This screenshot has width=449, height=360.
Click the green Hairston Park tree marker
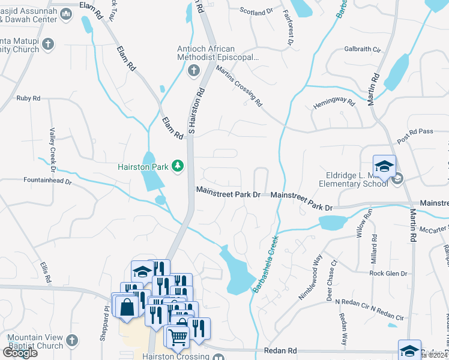(178, 165)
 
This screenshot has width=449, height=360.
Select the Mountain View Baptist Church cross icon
(71, 341)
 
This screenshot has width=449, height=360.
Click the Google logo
(20, 352)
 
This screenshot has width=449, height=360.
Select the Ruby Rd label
(28, 98)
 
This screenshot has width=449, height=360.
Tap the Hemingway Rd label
(334, 103)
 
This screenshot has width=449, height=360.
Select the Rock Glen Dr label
(388, 274)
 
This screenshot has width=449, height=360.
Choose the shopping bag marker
(128, 307)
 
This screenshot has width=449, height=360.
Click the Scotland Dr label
(256, 11)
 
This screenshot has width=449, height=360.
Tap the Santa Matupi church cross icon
(49, 44)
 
